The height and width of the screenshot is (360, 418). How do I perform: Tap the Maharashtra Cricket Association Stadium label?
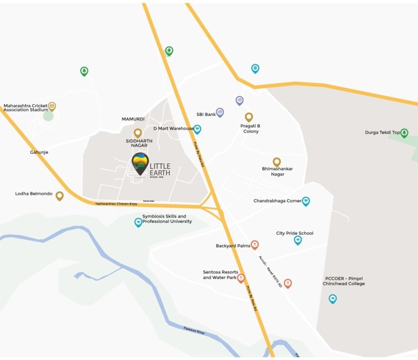coord(26,108)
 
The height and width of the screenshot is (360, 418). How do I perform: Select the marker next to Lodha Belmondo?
coord(60,195)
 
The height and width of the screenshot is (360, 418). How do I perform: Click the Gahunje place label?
coord(39,152)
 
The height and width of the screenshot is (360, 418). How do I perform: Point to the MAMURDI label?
coord(133,119)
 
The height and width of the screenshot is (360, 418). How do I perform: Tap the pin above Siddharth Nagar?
coord(138,133)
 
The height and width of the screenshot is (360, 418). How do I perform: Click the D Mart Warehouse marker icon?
coord(197,129)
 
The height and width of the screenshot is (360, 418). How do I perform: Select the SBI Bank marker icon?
coord(220,112)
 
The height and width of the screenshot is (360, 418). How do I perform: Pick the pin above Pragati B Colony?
coord(249,117)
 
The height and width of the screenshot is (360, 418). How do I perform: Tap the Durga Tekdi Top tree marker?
coord(404,133)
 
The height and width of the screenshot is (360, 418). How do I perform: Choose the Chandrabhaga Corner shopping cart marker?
coord(306,201)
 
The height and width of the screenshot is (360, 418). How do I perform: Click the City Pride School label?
coord(295,233)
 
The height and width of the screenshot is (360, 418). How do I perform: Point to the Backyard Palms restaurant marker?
coord(255,244)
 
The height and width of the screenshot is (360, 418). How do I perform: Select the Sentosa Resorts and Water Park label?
coord(220,275)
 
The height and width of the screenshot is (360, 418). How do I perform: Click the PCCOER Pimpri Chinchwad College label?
coord(344,281)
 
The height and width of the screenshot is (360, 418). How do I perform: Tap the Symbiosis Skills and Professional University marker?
coord(138,222)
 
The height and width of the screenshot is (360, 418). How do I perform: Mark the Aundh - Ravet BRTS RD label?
coord(271,271)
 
